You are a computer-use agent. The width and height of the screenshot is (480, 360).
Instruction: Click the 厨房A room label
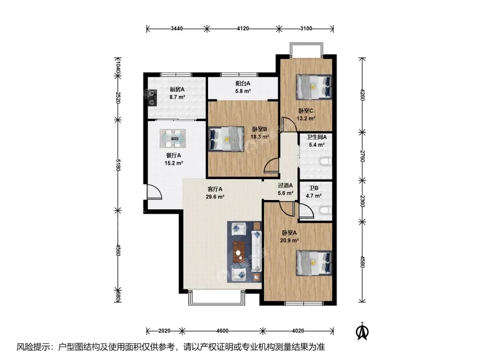177,89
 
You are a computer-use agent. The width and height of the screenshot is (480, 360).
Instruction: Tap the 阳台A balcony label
243,83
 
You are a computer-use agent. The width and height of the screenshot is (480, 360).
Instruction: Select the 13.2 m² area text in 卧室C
306,119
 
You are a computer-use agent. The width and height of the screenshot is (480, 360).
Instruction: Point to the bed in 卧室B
227,139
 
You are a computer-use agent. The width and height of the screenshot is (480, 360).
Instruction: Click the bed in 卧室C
314,87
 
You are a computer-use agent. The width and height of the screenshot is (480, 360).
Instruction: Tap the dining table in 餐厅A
172,139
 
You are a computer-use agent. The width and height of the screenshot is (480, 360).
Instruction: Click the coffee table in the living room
239,252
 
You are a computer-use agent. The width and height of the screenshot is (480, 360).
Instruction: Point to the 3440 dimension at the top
176,28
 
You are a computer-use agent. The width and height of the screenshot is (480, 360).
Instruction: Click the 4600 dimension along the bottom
222,331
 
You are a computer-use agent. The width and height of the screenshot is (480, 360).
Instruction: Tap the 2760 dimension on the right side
362,156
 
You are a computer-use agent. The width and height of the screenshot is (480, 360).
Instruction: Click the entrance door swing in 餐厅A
154,192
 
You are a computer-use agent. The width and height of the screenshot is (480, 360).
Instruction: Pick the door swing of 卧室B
272,167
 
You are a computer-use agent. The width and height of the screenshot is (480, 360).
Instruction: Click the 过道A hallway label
285,185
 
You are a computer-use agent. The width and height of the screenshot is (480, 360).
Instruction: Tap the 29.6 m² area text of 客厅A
215,197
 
